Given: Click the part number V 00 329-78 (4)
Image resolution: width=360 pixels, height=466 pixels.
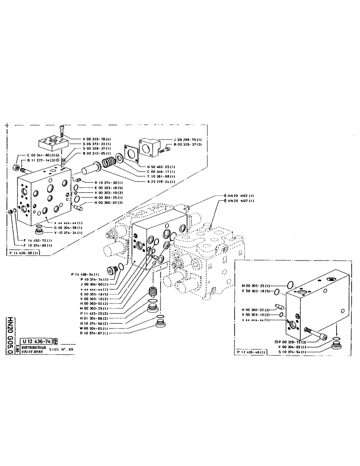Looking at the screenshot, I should point(97,140).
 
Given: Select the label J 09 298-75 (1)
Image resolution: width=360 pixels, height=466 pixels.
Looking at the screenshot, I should point(186,140).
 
